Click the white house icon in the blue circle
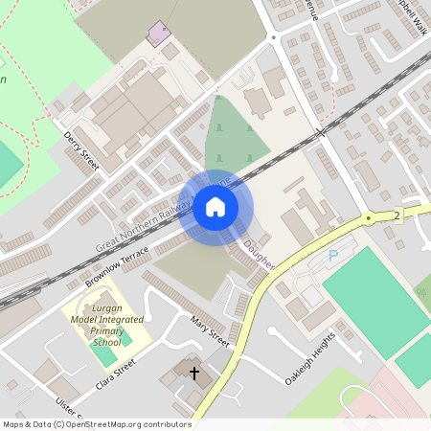pyautogui.click(x=215, y=206)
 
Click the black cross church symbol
pyautogui.click(x=194, y=372)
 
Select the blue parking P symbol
pyautogui.click(x=333, y=256)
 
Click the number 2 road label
pyautogui.click(x=397, y=215)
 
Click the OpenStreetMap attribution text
pyautogui.click(x=96, y=424)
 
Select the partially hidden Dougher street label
pyautogui.click(x=259, y=252)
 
